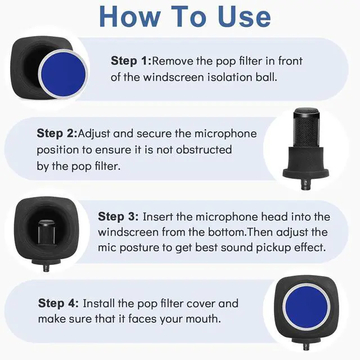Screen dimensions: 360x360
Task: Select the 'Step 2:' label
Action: [57, 134]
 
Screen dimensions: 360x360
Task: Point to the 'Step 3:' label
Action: [118, 217]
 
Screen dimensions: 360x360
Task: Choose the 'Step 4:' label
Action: [58, 303]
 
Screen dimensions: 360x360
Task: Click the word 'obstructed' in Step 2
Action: [204, 150]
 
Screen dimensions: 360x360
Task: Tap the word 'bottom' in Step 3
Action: [228, 232]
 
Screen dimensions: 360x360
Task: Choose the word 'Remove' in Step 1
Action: [170, 61]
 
